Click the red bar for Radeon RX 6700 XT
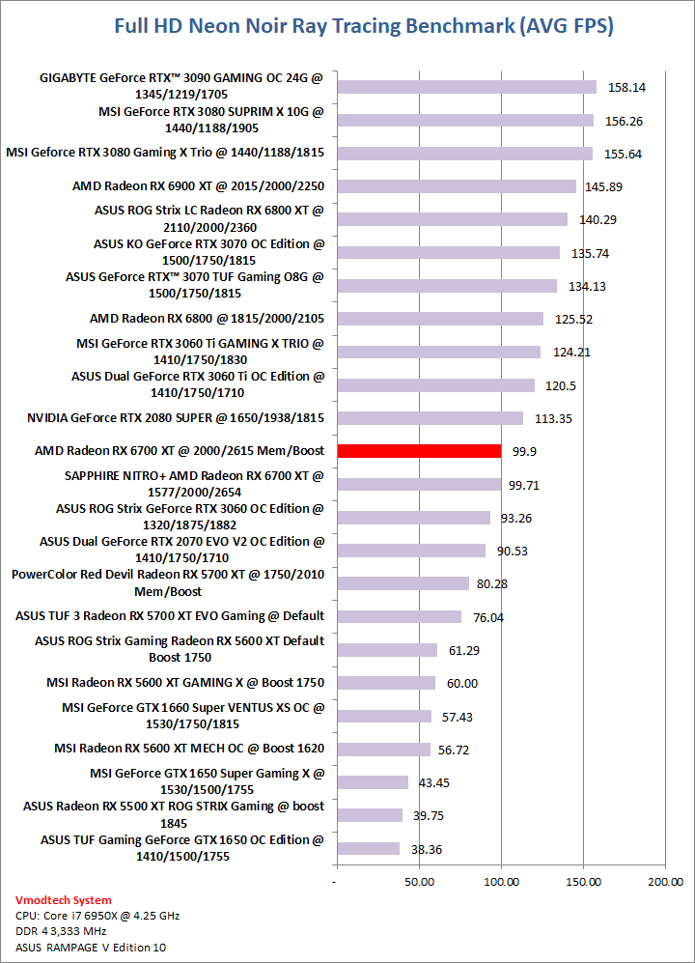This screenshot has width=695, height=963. [x=418, y=451]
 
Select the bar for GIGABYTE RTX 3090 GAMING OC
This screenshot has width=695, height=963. [x=466, y=87]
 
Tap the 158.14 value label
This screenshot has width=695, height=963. [x=626, y=87]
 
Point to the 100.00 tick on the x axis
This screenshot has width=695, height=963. [x=500, y=882]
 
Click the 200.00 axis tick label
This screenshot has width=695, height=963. [x=665, y=882]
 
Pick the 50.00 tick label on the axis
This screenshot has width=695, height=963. [x=418, y=882]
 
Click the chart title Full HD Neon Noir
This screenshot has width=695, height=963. [x=364, y=26]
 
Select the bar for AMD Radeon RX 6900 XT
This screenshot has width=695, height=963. [x=456, y=186]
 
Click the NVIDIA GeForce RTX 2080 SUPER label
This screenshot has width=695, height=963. [x=177, y=418]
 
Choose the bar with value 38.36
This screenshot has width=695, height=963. [x=368, y=848]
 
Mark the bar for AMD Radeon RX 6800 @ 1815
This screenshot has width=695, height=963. [x=439, y=319]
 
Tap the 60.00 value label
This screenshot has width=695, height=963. [x=462, y=683]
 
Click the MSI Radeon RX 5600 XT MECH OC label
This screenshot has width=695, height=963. [x=189, y=748]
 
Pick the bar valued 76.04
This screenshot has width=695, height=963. [x=399, y=616]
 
